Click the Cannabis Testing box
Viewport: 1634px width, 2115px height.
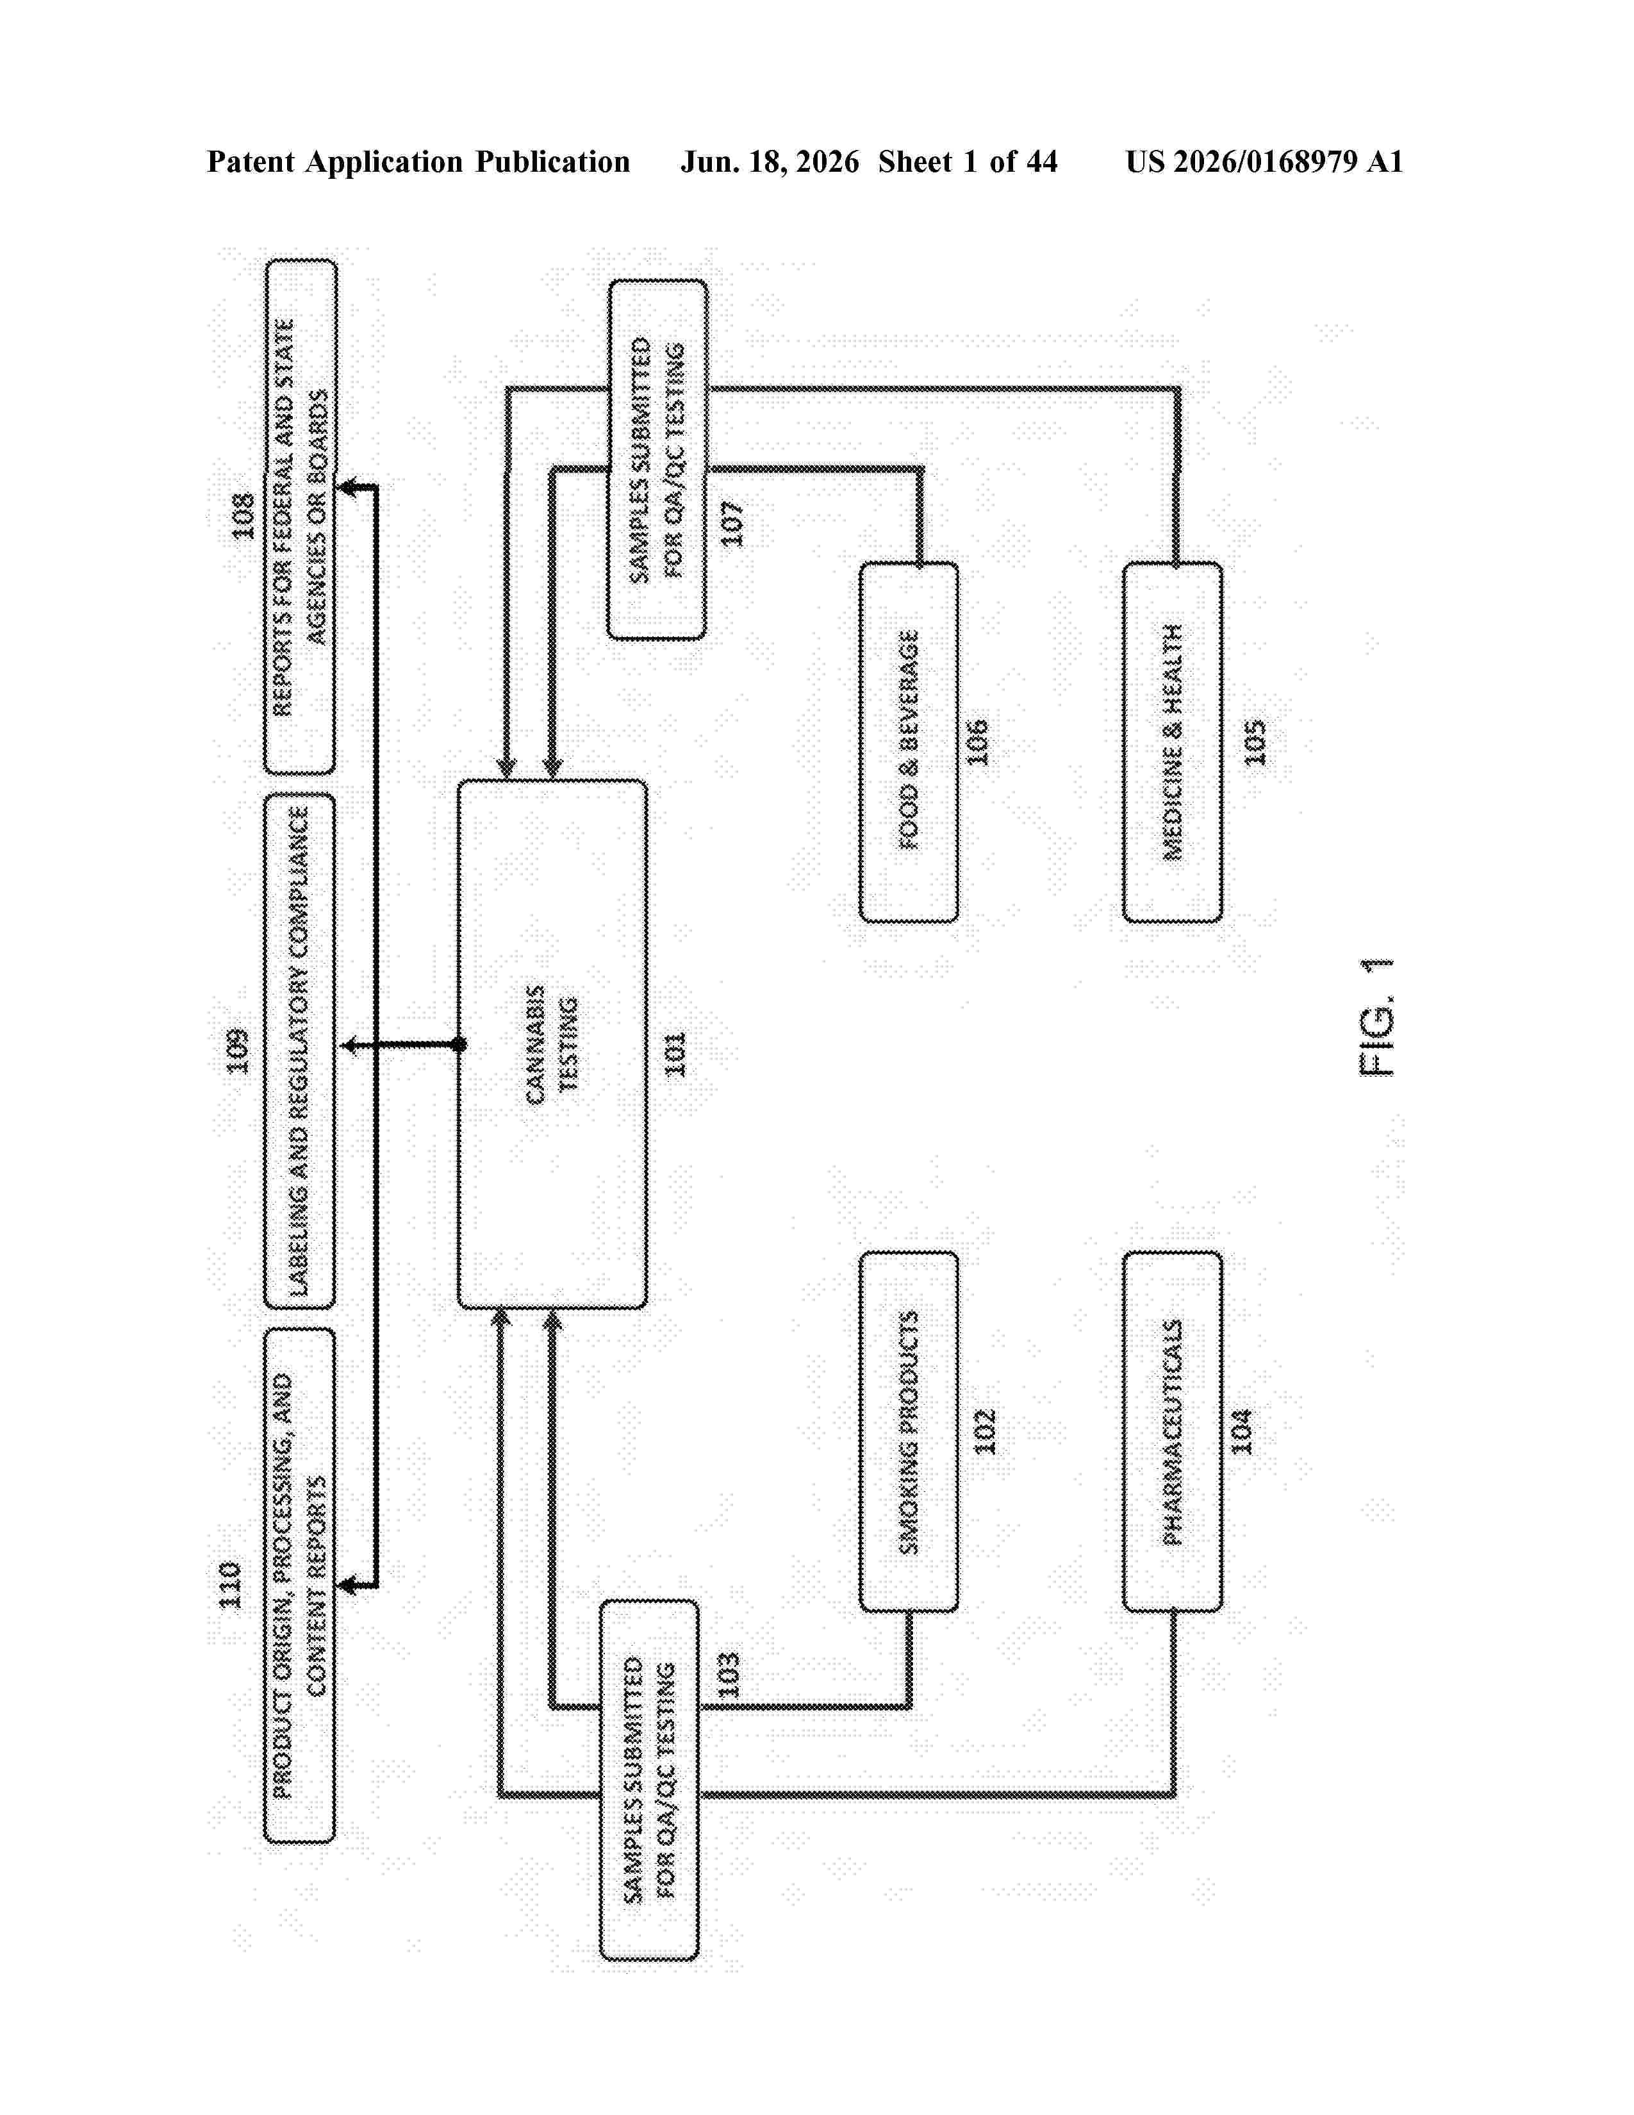552,1044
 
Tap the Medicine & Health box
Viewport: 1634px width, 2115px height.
1172,742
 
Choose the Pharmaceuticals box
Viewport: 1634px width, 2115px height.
1172,1431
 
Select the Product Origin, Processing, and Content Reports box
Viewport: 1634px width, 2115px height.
299,1585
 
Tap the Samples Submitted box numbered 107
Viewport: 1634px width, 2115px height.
657,460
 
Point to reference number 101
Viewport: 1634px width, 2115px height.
675,1054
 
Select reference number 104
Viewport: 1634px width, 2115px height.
1241,1431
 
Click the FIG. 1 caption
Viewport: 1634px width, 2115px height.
1376,1017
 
